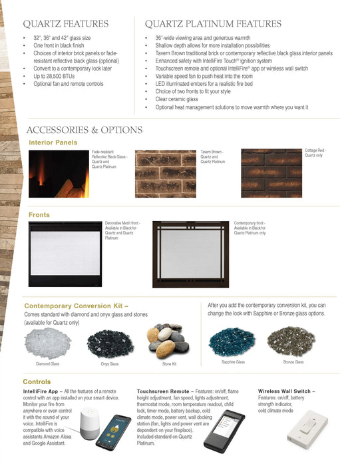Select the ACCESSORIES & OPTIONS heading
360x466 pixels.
84,130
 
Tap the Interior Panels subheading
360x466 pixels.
53,142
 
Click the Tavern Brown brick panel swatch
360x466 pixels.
166,173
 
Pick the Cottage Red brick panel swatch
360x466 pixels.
271,173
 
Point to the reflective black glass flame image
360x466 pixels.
59,173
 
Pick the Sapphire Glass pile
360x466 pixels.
232,342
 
